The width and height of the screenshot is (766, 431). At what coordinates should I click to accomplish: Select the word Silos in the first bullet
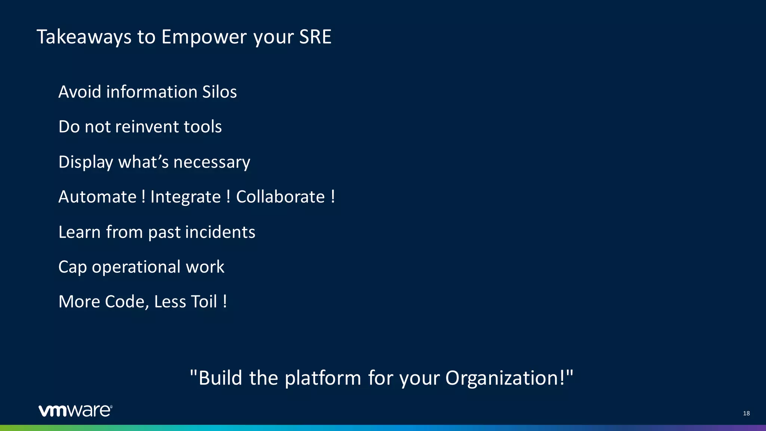click(x=219, y=92)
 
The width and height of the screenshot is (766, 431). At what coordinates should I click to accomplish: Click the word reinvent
click(x=141, y=127)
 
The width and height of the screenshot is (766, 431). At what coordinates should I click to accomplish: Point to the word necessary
click(x=212, y=162)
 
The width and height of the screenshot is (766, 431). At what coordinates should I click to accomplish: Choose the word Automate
click(x=98, y=197)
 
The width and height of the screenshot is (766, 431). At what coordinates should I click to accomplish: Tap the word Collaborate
click(x=281, y=197)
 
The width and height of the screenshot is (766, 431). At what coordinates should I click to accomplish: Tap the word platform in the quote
click(x=323, y=378)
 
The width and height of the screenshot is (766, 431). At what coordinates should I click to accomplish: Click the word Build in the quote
click(x=220, y=378)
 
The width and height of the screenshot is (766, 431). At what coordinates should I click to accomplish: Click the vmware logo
click(x=75, y=410)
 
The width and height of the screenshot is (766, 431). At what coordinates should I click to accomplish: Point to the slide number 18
click(x=746, y=413)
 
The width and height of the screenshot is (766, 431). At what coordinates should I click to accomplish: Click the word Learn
click(x=79, y=232)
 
